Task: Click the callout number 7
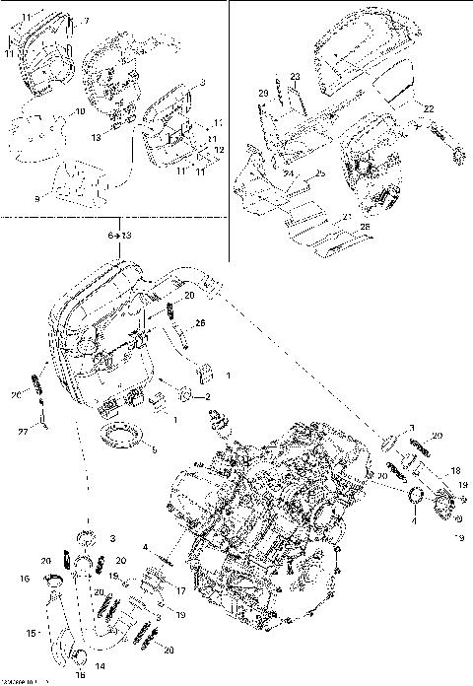(85, 21)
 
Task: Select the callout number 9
(36, 198)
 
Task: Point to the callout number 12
(219, 149)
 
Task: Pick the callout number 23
(294, 77)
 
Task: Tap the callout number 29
(263, 93)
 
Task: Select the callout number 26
(200, 322)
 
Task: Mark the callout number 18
(455, 472)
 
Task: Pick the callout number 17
(180, 590)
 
